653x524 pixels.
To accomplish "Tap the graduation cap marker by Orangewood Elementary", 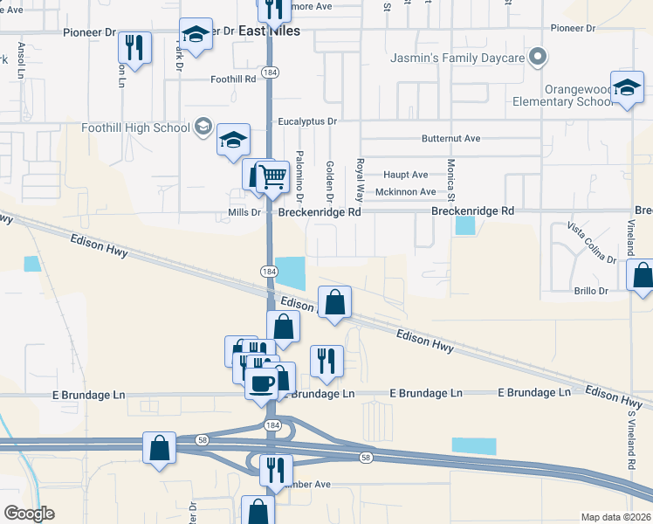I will pyautogui.click(x=626, y=87).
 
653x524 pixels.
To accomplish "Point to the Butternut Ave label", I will pyautogui.click(x=451, y=138).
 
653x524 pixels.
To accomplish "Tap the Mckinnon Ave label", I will pyautogui.click(x=405, y=192).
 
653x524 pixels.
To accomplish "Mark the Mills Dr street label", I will pyautogui.click(x=244, y=212).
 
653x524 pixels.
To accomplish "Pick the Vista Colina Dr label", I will pyautogui.click(x=592, y=242).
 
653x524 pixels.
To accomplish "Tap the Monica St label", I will pyautogui.click(x=452, y=179).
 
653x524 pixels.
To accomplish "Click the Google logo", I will pyautogui.click(x=29, y=514).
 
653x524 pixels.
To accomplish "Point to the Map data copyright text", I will pyautogui.click(x=615, y=517).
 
